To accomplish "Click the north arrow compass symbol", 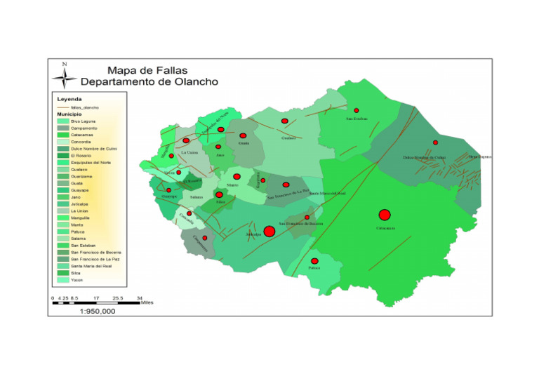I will (x=65, y=75).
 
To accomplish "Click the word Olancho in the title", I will (x=190, y=82).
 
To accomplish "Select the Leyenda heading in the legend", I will (x=69, y=99).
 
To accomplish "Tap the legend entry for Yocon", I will (x=76, y=280).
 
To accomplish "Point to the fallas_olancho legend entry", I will (x=84, y=107).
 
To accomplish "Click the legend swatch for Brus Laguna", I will (x=62, y=121).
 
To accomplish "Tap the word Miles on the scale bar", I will (x=146, y=302).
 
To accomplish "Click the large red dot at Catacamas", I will (x=384, y=215).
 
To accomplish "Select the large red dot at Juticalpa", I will (x=269, y=231).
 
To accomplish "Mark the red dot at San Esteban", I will (x=356, y=110).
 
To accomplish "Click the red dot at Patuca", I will (x=314, y=261).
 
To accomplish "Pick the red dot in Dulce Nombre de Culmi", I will (x=435, y=142).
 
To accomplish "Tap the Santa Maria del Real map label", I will (x=328, y=193).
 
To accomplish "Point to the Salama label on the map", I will (x=197, y=198).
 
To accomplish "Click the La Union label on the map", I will (x=189, y=152).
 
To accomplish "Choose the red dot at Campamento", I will (x=204, y=239).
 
